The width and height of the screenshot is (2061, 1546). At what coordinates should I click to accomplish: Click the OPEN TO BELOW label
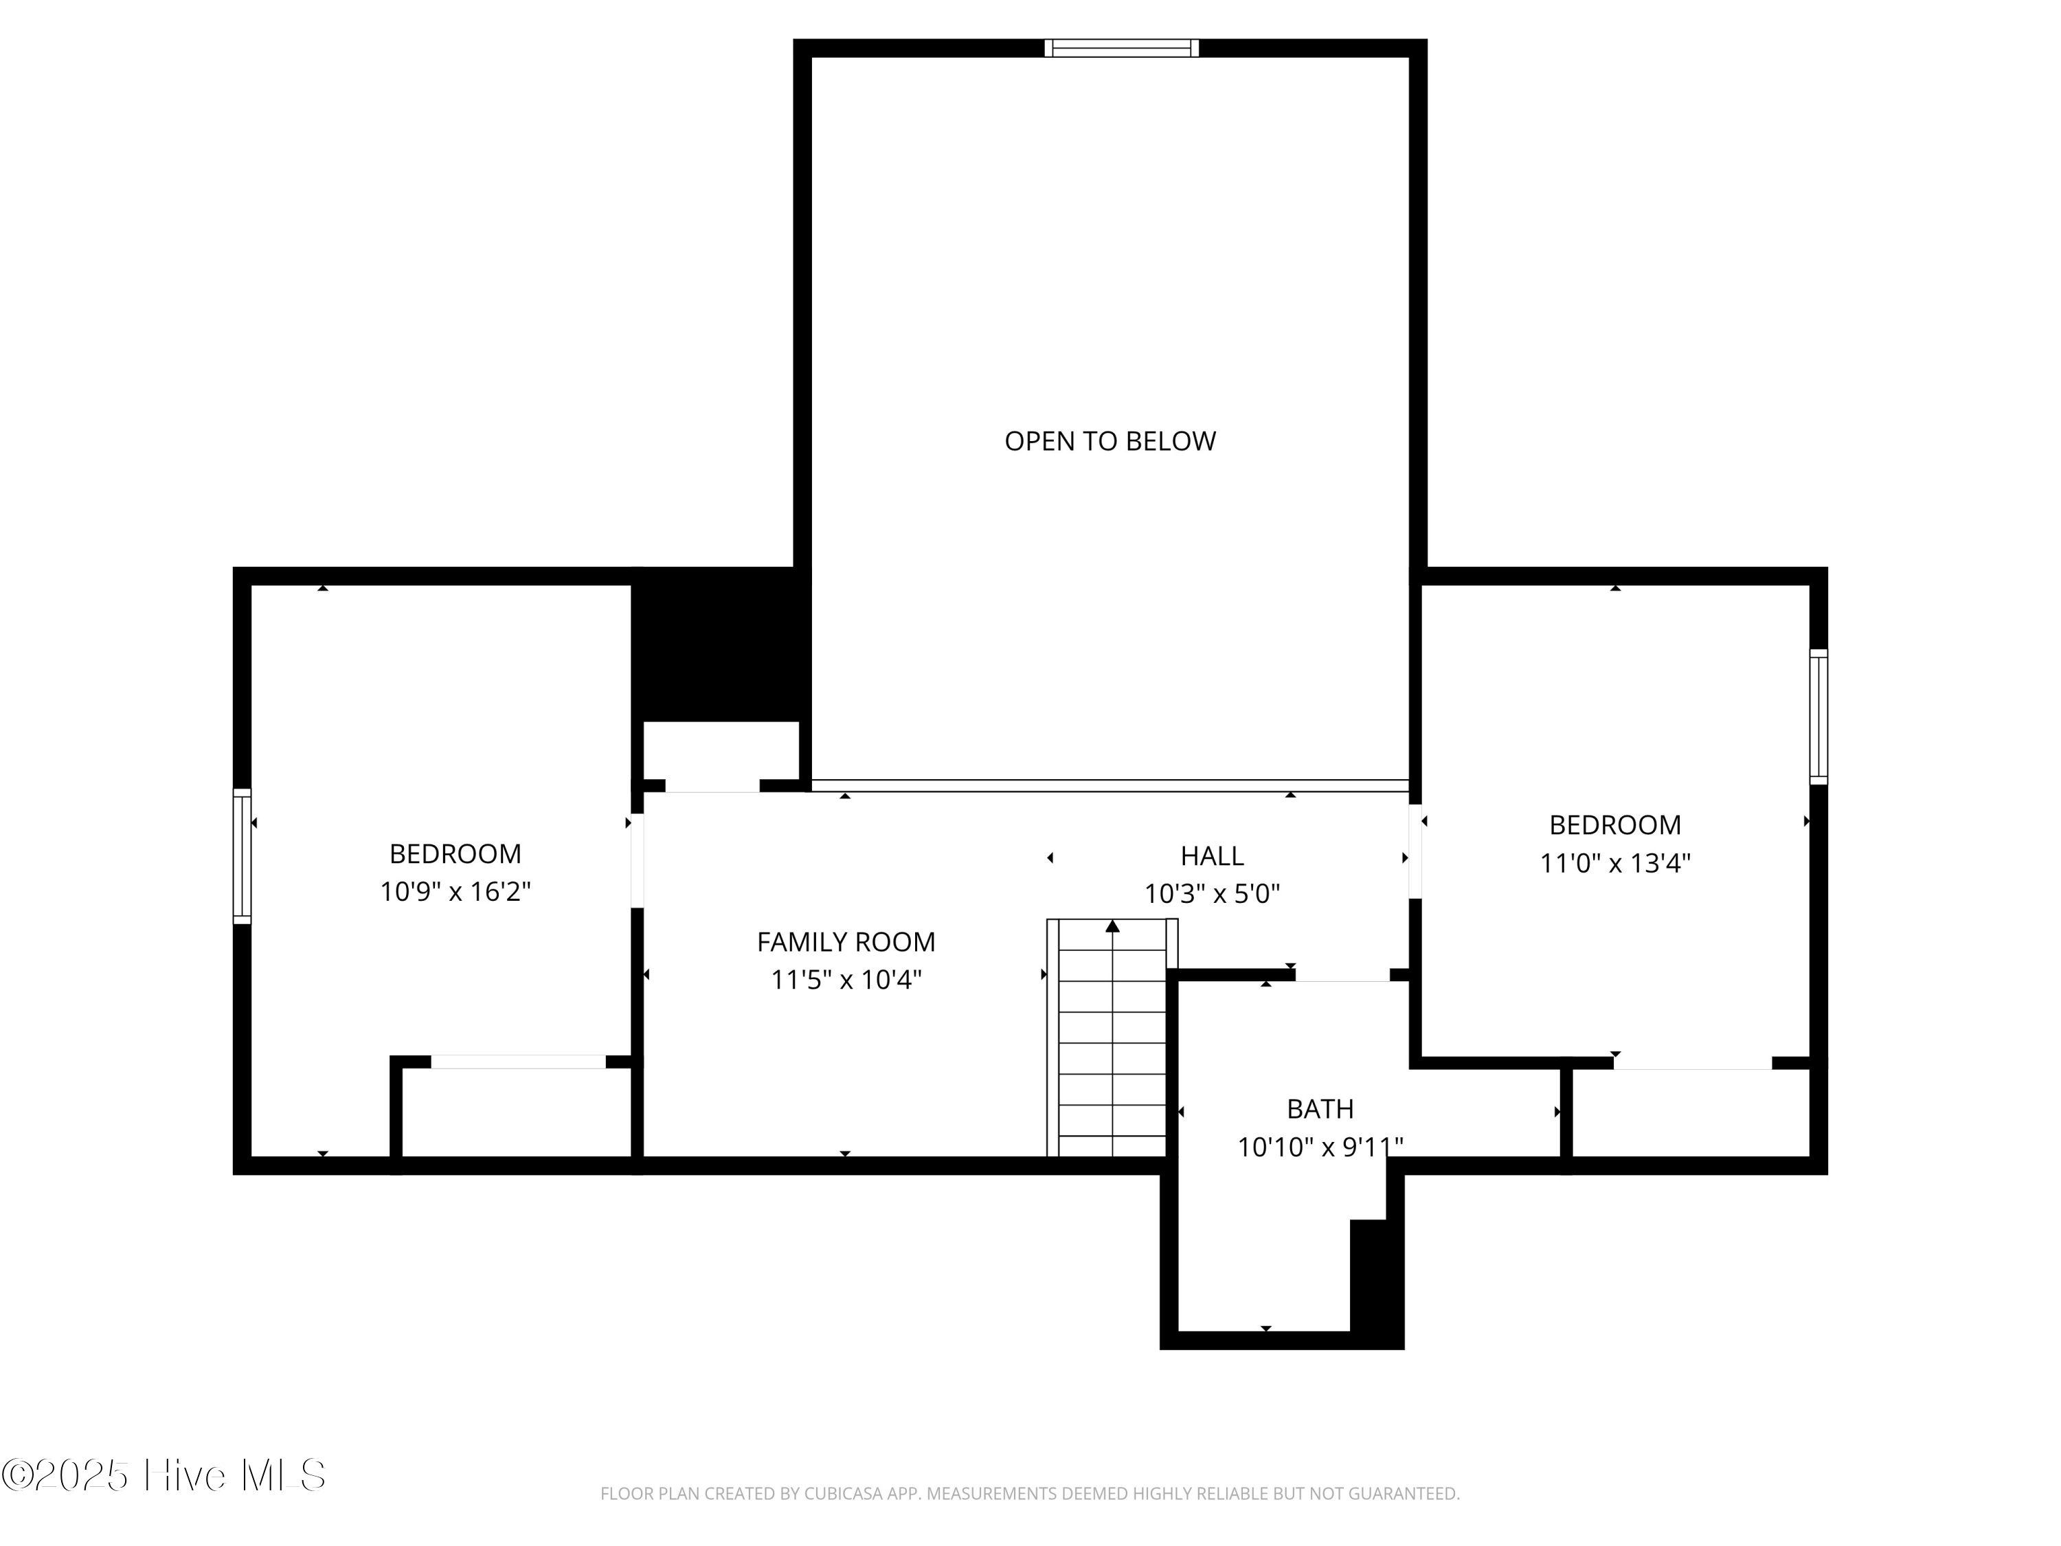pos(1110,441)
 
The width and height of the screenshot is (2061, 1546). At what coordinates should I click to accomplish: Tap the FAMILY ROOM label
pos(845,942)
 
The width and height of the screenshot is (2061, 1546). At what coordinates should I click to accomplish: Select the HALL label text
pos(1211,855)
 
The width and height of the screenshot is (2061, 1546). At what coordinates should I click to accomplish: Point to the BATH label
pos(1319,1109)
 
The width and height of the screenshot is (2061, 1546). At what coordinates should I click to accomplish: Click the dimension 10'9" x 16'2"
pos(455,892)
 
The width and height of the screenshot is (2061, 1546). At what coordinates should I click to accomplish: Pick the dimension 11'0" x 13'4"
pos(1614,863)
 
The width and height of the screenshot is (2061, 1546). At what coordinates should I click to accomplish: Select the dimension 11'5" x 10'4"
pos(845,981)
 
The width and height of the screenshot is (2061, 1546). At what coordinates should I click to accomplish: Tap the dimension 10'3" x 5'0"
pos(1211,894)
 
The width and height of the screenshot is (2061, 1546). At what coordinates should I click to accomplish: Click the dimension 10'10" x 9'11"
pos(1319,1147)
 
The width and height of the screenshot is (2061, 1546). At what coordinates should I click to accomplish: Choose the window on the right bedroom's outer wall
pos(1818,717)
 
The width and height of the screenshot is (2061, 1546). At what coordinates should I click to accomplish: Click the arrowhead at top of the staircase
pos(1112,926)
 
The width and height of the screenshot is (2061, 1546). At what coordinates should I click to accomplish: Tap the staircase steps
pos(1112,1044)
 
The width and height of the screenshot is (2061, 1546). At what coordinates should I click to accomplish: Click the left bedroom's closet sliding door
pos(518,1062)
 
